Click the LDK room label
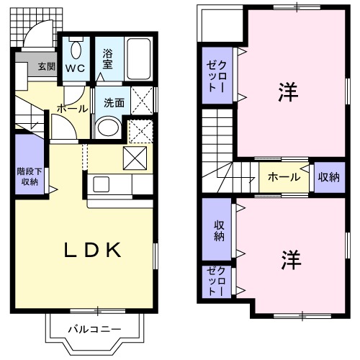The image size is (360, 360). tap(92, 250)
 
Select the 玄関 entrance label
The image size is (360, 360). tap(46, 66)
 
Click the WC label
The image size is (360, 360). tap(76, 69)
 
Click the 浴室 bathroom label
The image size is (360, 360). tap(108, 58)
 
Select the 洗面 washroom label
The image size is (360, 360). tap(113, 102)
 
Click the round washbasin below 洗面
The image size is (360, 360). tap(108, 128)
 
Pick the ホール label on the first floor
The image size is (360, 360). tap(72, 108)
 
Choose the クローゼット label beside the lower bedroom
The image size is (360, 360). tap(217, 281)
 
